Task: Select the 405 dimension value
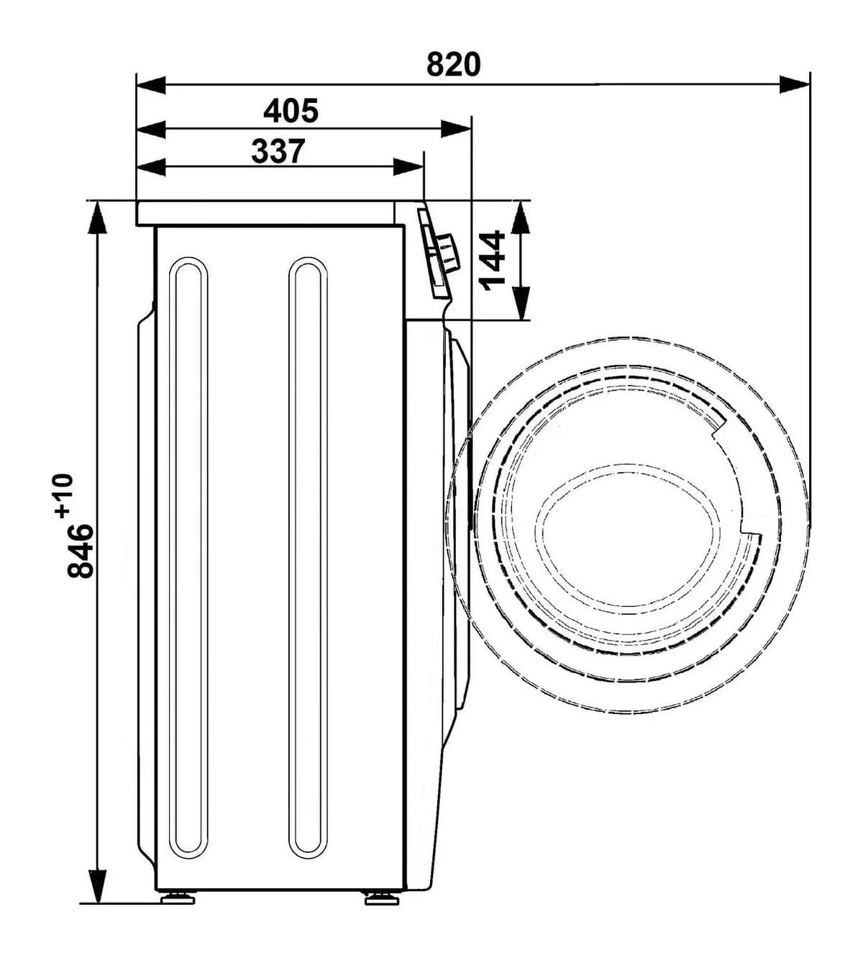tap(291, 110)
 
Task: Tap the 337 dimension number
tap(278, 151)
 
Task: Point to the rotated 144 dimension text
tap(493, 261)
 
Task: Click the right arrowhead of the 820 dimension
tap(795, 84)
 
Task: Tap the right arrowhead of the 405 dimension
tap(456, 129)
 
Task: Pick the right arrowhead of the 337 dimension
tap(408, 167)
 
